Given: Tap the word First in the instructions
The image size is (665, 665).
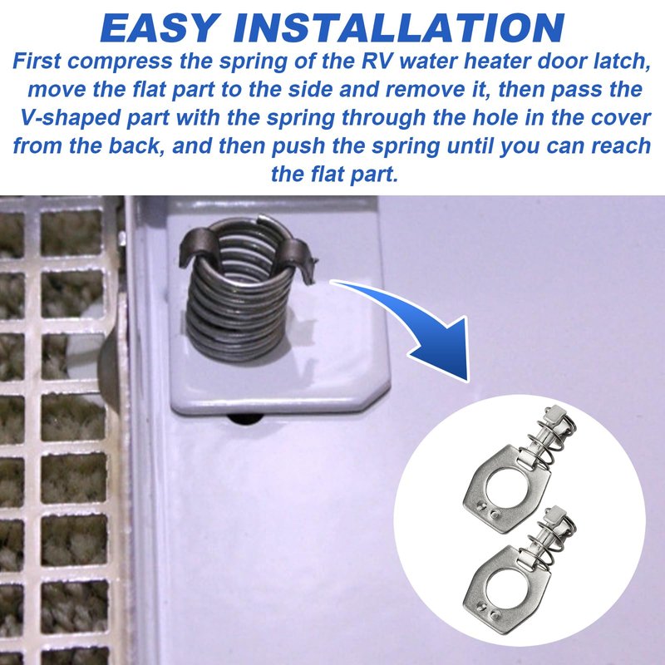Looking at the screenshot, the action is pos(37,61).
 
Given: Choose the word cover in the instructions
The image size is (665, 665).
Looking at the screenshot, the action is pos(621,118).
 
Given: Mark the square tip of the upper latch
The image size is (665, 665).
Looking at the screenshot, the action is pos(554,412).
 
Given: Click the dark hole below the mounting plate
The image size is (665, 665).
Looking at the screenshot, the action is pos(245,419).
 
